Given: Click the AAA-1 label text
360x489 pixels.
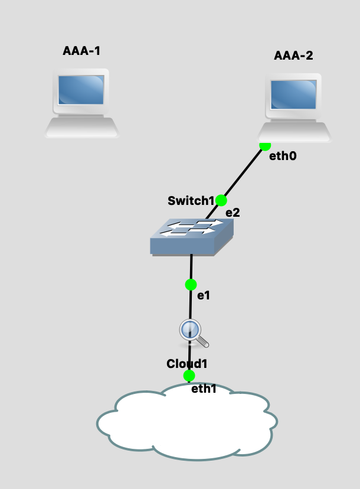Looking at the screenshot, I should point(81,51).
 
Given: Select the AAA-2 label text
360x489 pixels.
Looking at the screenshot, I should point(293,56).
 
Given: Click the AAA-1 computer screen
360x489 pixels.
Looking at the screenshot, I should point(81,90).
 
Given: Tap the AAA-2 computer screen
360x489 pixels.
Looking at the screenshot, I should point(293,94).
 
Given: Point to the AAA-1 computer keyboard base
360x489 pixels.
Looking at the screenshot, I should point(81,127).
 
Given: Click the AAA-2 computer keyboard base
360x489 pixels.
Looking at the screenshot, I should point(294,132).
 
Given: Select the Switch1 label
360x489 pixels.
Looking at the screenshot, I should point(191,201).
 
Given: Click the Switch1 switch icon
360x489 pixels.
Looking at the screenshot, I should point(190,236).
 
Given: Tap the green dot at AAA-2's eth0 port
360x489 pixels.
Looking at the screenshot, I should point(265,145).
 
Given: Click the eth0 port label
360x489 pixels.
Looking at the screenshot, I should point(282,157).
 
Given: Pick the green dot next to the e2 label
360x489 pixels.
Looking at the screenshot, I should point(221,200).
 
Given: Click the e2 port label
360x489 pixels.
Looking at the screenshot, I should point(233,213).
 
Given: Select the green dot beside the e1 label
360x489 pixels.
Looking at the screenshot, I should point(191,285).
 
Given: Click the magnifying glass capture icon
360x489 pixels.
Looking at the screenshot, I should point(192,332).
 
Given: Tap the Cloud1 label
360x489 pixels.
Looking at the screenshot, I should point(187,363).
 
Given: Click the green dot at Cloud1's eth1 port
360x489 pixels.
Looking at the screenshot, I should point(189,376).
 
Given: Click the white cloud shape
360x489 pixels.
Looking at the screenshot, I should point(186,422).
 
